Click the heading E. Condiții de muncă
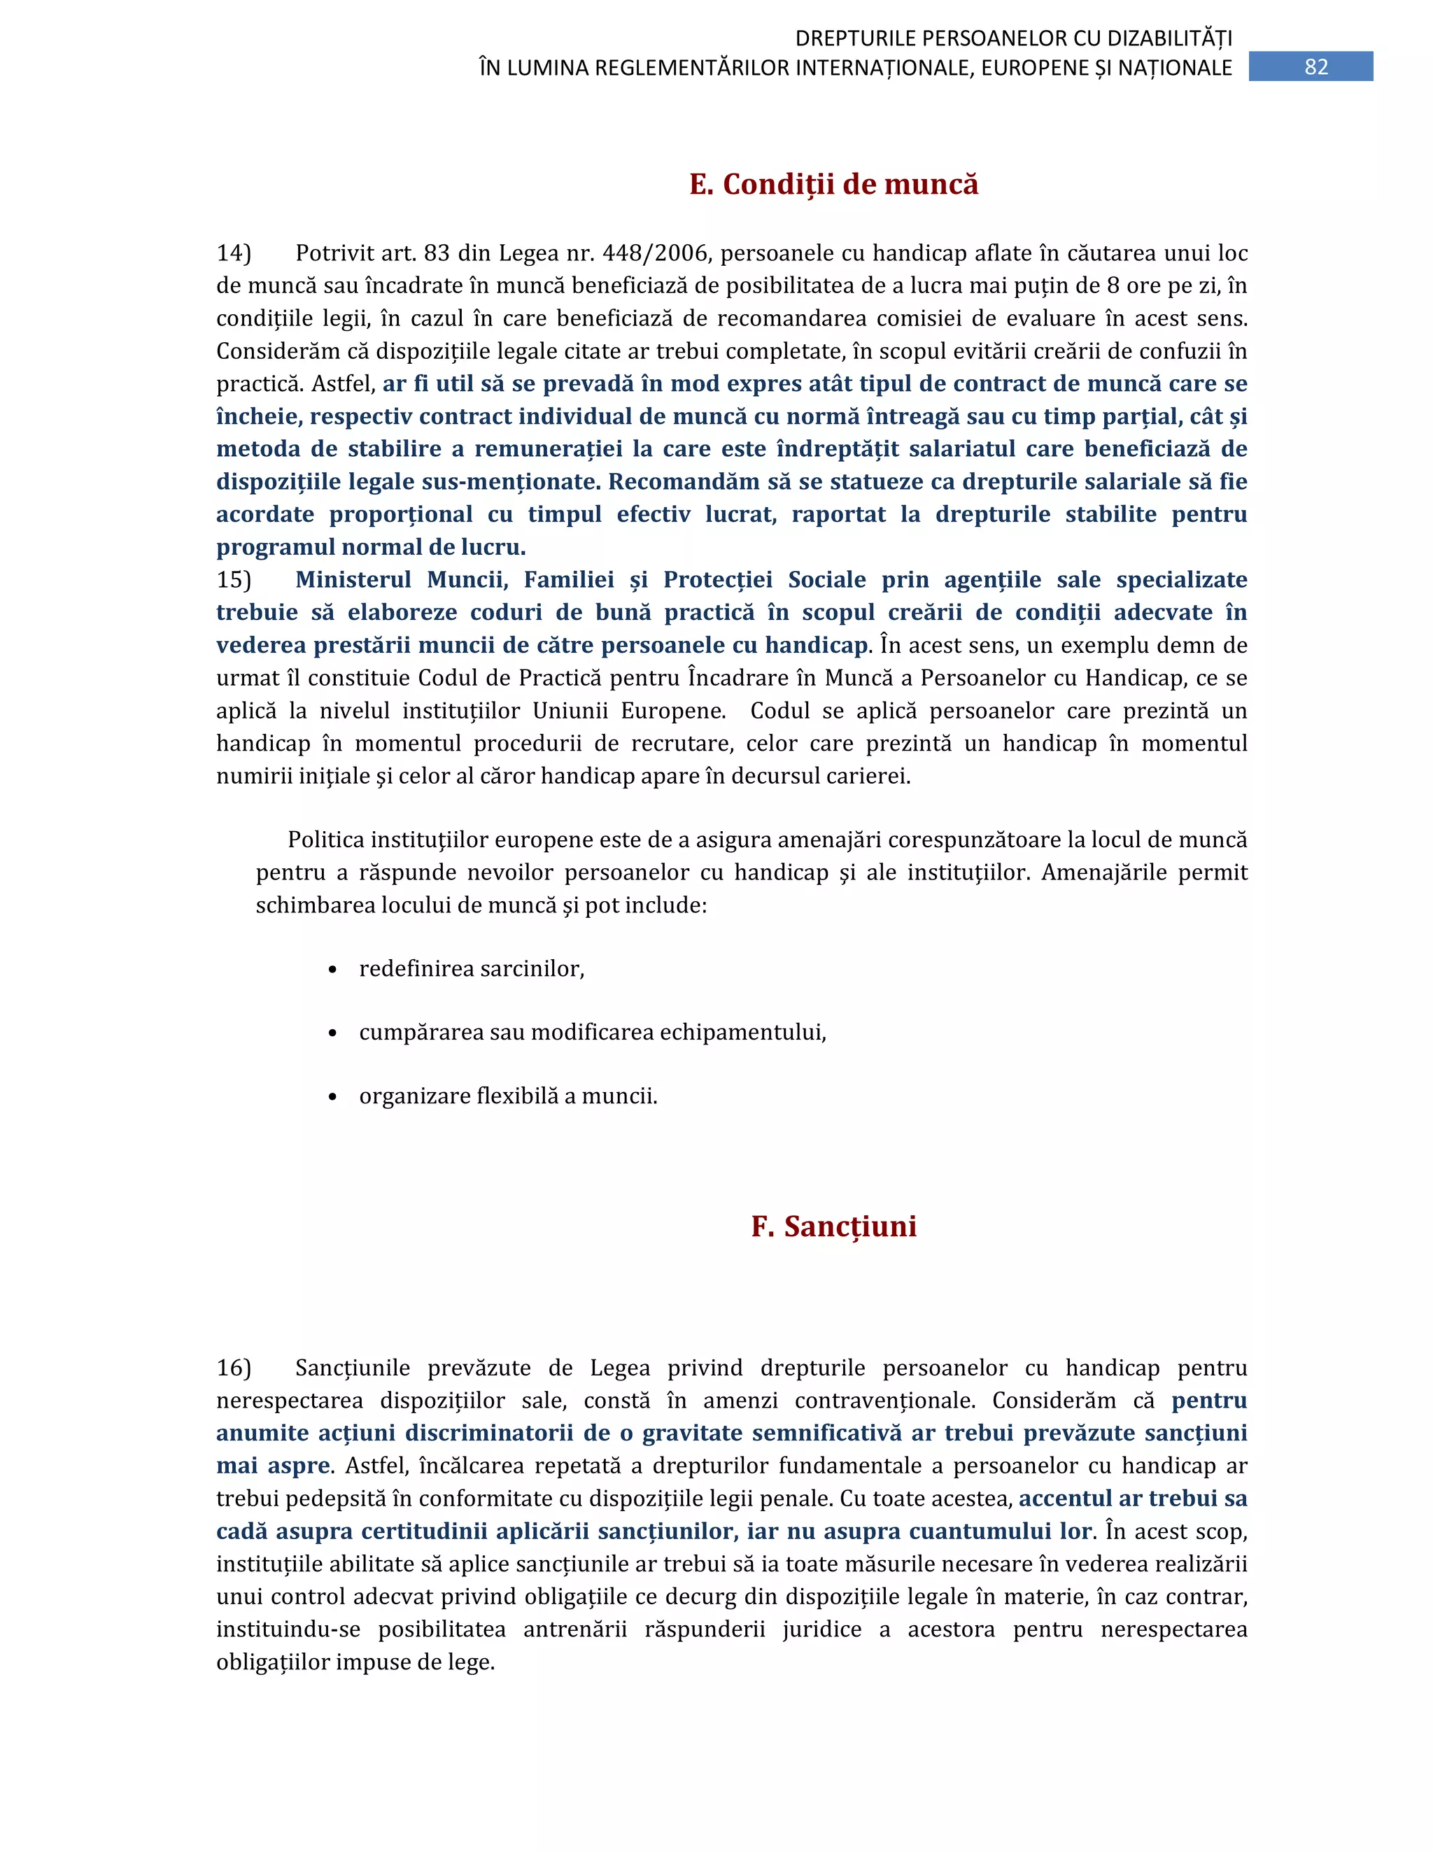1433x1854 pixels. (x=833, y=184)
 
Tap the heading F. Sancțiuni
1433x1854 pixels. (x=833, y=1226)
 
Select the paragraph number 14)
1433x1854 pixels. (x=234, y=253)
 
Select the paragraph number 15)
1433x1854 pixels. (x=234, y=580)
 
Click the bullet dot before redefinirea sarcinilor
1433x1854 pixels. (x=333, y=970)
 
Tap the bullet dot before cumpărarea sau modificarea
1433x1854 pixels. (x=333, y=1033)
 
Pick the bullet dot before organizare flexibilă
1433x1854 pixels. (x=333, y=1097)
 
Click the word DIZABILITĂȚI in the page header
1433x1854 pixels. (x=1170, y=38)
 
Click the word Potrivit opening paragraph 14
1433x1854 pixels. (x=332, y=253)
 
